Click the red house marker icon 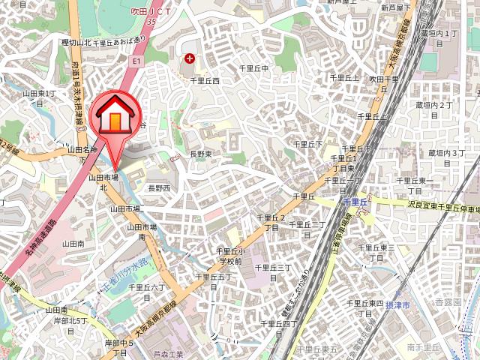click(114, 117)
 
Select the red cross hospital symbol click(190, 58)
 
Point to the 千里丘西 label click(204, 80)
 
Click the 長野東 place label click(200, 154)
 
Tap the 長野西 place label click(158, 187)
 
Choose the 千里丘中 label click(254, 68)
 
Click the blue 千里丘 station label click(354, 202)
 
